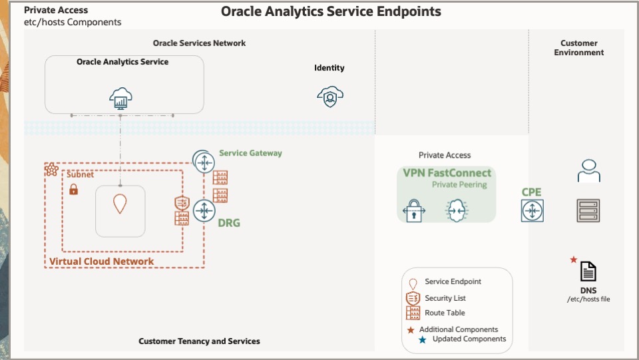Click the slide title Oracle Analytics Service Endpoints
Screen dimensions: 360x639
[x=331, y=11]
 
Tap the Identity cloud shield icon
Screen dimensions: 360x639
[x=330, y=97]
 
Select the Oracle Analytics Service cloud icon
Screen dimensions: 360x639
[x=121, y=98]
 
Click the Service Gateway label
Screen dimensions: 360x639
[x=250, y=153]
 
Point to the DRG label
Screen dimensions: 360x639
[x=229, y=223]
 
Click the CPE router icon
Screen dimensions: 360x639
[x=532, y=211]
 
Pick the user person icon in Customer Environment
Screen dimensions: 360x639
[x=588, y=171]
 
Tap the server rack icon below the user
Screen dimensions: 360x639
[x=588, y=210]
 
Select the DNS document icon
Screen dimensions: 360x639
[x=588, y=271]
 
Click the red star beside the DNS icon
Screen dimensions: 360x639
[x=573, y=260]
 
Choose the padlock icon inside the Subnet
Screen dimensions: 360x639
[x=74, y=190]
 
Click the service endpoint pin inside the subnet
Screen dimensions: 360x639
[x=120, y=203]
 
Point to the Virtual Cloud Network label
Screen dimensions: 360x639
[x=101, y=262]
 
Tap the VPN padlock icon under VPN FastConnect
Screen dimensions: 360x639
[x=414, y=211]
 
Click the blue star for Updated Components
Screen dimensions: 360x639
[x=422, y=339]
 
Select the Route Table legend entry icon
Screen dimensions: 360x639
[x=413, y=313]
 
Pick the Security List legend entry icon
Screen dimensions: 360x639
[x=413, y=298]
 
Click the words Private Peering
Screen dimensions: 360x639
[x=459, y=184]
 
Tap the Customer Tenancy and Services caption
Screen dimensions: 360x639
[x=199, y=341]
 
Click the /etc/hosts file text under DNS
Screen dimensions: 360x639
[x=588, y=299]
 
